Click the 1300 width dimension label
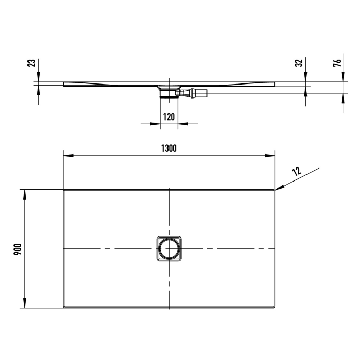click(169, 148)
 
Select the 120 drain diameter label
click(169, 117)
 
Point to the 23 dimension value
click(32, 63)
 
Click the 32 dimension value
click(298, 63)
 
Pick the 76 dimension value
click(337, 63)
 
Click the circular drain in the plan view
click(169, 249)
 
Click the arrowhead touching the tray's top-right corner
click(279, 188)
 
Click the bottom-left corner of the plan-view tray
click(64, 307)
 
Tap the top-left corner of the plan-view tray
click(64, 190)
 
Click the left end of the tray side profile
click(64, 85)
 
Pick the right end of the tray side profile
click(274, 83)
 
